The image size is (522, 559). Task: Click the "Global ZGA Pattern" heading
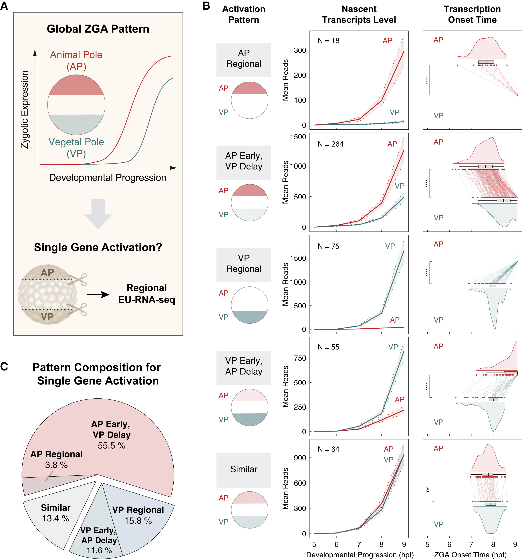[x=98, y=29]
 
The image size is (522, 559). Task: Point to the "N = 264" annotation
[x=330, y=144]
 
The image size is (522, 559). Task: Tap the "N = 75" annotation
[x=328, y=246]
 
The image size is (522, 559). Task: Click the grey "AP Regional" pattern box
[x=244, y=60]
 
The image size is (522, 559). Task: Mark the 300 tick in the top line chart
[x=300, y=50]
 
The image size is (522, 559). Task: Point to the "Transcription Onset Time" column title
[x=472, y=14]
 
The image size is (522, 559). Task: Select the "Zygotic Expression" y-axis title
[x=25, y=109]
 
